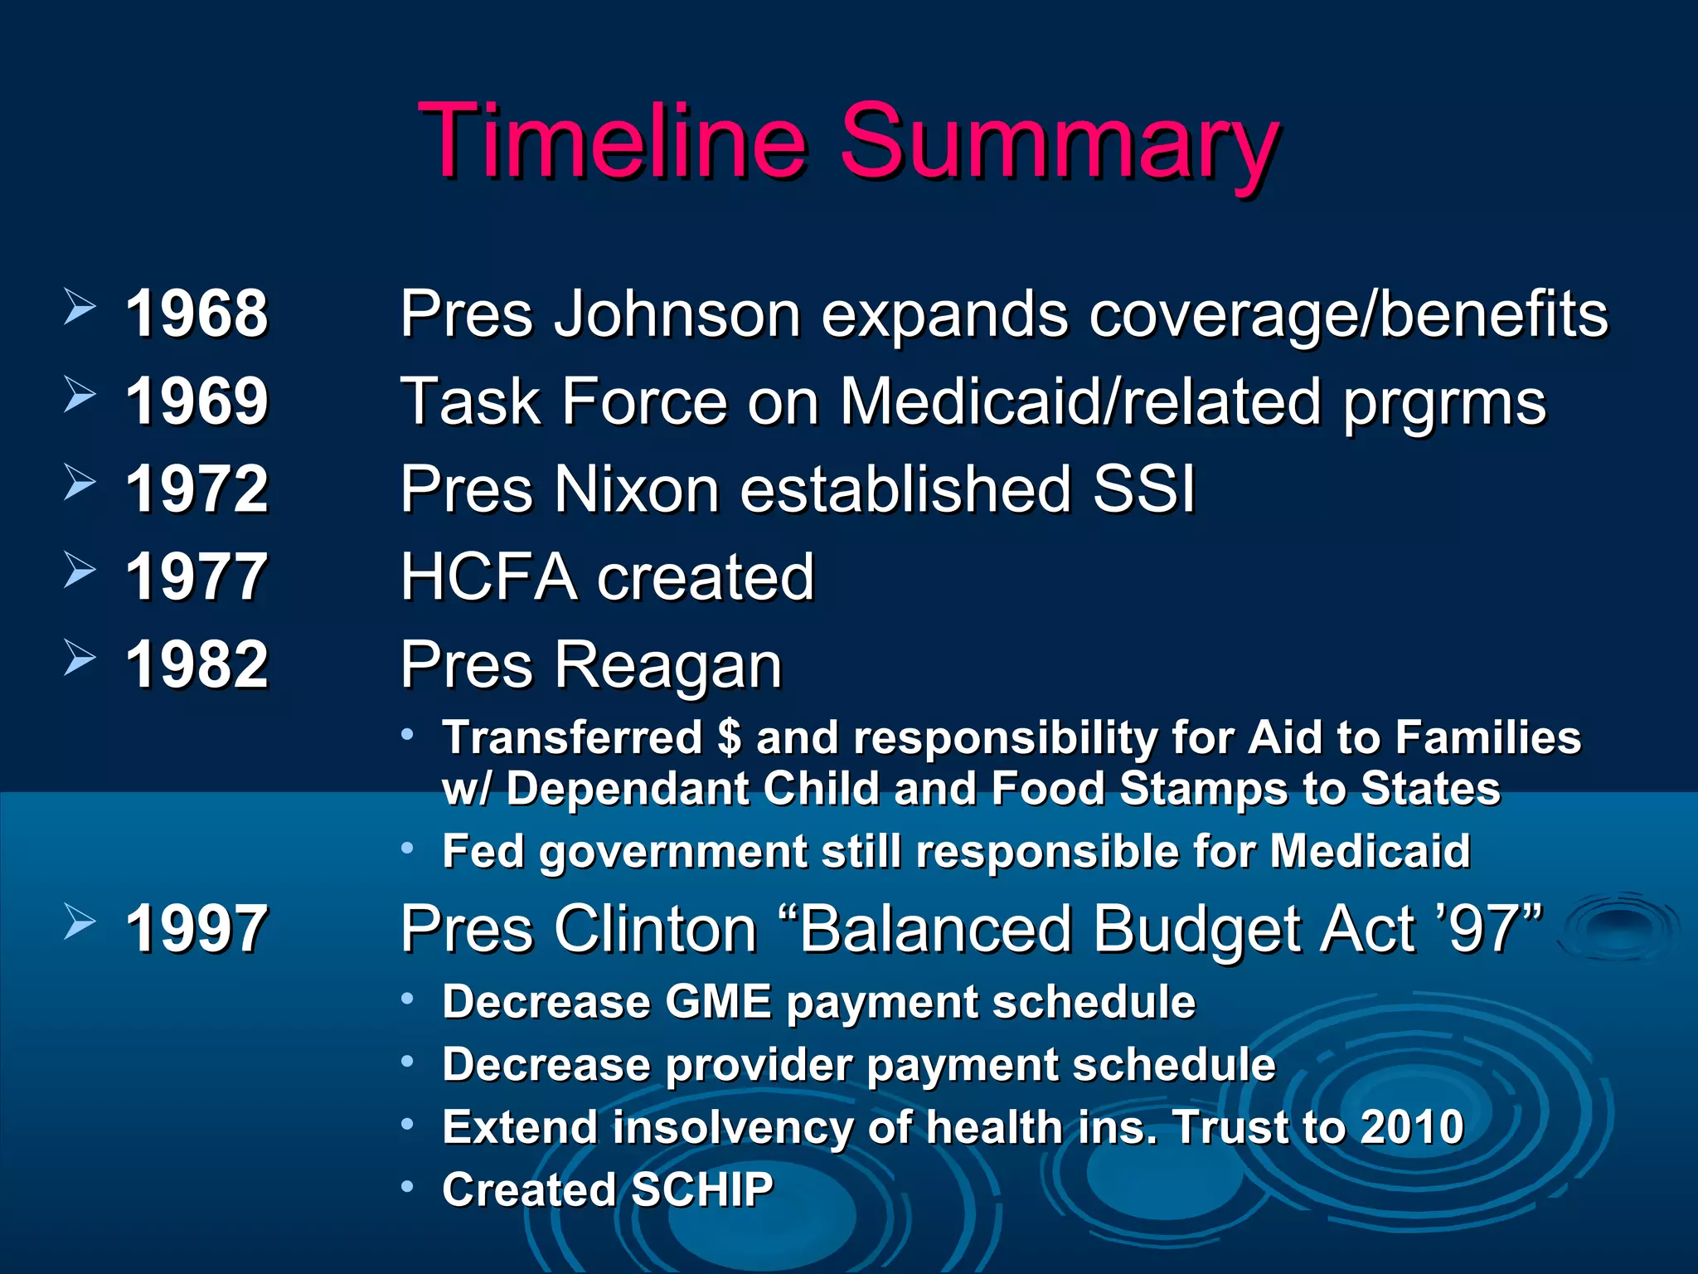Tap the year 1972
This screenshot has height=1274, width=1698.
196,489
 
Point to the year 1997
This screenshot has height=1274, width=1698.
196,928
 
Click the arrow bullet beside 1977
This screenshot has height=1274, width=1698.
80,571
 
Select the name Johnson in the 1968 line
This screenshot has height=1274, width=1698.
677,314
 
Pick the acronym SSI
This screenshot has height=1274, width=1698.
1143,489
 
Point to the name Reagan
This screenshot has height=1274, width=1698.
667,665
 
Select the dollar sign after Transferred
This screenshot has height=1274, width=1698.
729,737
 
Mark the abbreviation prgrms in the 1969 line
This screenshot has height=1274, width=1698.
1443,403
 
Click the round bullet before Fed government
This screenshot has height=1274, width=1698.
407,848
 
